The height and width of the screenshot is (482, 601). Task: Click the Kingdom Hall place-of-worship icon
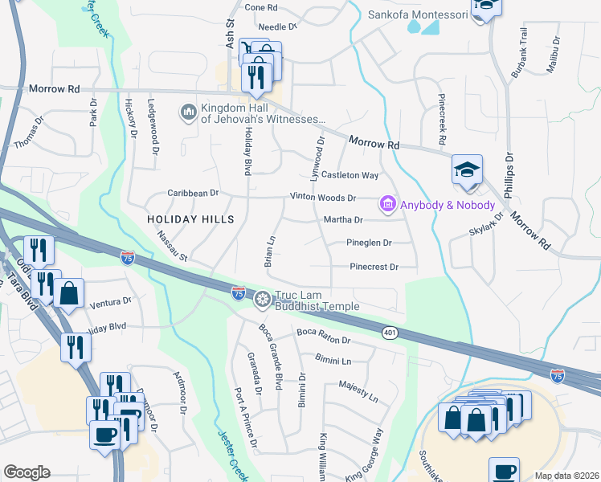[189, 111]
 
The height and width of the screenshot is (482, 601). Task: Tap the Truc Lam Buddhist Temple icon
[261, 300]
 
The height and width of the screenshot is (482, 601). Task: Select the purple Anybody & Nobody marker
[388, 206]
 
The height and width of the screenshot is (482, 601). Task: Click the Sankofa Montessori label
[417, 14]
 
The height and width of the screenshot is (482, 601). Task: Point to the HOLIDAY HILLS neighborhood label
[190, 219]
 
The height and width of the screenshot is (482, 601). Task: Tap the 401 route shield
[390, 333]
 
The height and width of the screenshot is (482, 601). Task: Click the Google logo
[26, 472]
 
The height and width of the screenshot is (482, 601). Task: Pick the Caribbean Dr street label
[193, 193]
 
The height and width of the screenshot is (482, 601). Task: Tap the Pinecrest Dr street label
[374, 267]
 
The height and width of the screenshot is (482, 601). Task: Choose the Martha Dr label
[343, 219]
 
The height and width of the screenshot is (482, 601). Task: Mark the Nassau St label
[172, 247]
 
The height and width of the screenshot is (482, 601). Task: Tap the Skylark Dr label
[485, 227]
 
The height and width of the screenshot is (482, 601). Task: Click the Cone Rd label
[260, 7]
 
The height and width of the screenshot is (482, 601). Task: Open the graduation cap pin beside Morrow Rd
[467, 170]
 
